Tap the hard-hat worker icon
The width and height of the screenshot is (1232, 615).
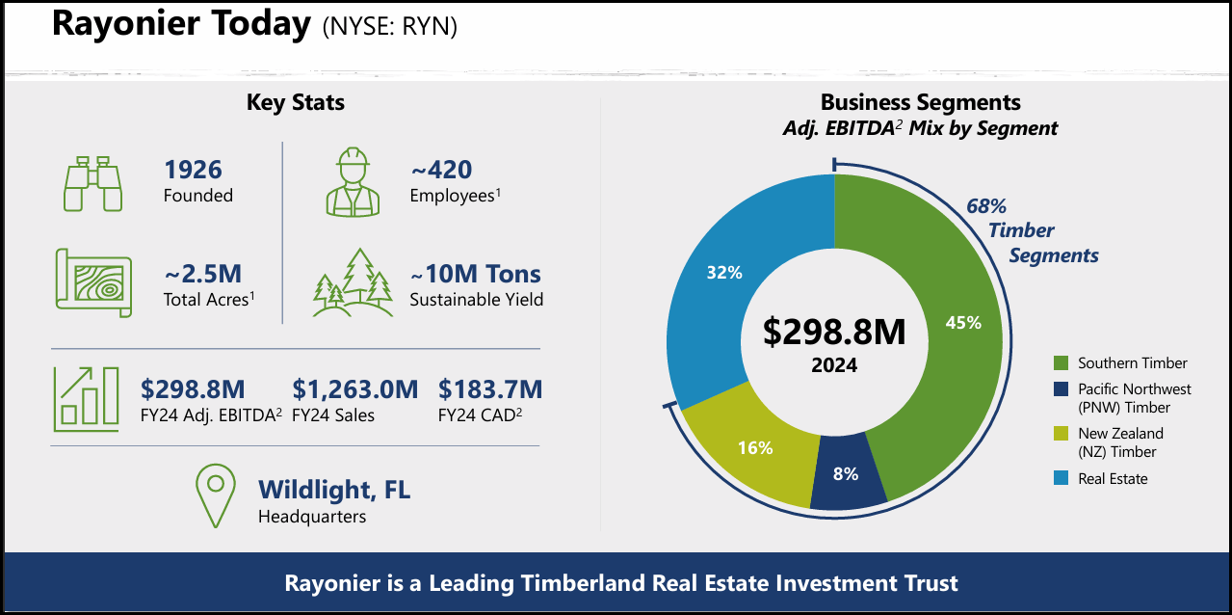click(354, 182)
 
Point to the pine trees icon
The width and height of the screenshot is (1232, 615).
click(354, 284)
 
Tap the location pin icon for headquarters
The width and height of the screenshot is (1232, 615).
click(216, 495)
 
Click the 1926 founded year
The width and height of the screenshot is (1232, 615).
click(193, 171)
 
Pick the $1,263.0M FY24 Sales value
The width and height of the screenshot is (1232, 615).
click(354, 389)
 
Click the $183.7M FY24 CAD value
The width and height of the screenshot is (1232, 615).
click(490, 389)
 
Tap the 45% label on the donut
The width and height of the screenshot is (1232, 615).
click(963, 323)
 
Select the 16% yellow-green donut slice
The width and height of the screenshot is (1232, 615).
click(755, 447)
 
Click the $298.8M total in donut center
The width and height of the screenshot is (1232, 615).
click(834, 332)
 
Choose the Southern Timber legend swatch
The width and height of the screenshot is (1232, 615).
click(1061, 363)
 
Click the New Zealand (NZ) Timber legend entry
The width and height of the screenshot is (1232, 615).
click(1120, 442)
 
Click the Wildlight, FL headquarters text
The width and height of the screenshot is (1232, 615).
click(333, 490)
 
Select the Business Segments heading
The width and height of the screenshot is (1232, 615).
click(920, 102)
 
